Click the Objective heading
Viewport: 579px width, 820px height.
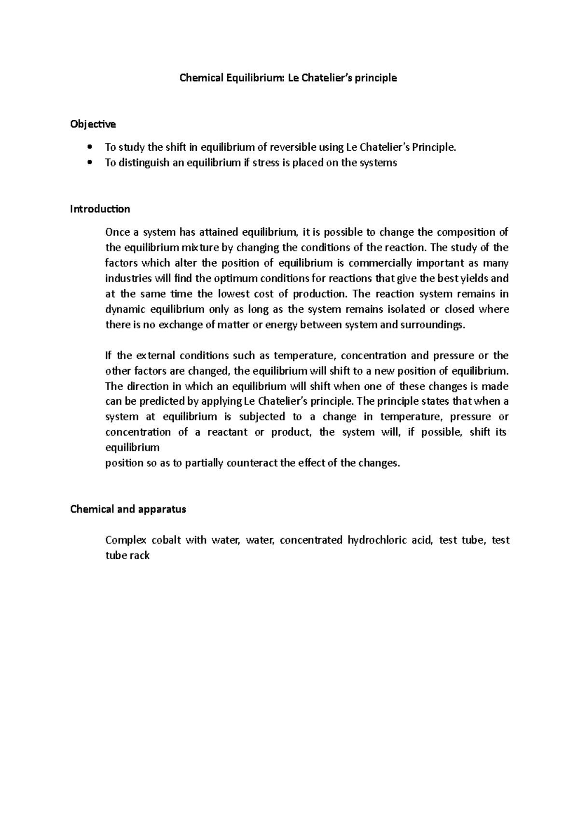tap(93, 124)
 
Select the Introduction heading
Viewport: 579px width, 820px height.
tap(100, 209)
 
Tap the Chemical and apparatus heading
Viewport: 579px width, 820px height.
tap(128, 509)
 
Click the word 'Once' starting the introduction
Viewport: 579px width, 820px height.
tap(117, 232)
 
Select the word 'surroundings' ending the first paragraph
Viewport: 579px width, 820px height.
tap(435, 325)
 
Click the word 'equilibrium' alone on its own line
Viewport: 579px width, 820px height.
tap(132, 448)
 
